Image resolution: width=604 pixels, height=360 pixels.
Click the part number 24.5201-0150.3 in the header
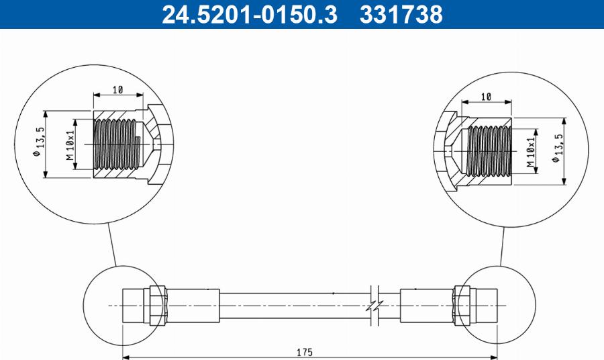249,14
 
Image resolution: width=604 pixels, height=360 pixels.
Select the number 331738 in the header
401,14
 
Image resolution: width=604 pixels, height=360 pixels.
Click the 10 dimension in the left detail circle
117,89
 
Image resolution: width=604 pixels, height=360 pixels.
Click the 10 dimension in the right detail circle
487,97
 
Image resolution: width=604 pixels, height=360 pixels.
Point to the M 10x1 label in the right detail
530,152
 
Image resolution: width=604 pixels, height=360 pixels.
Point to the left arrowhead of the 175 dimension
127,357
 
